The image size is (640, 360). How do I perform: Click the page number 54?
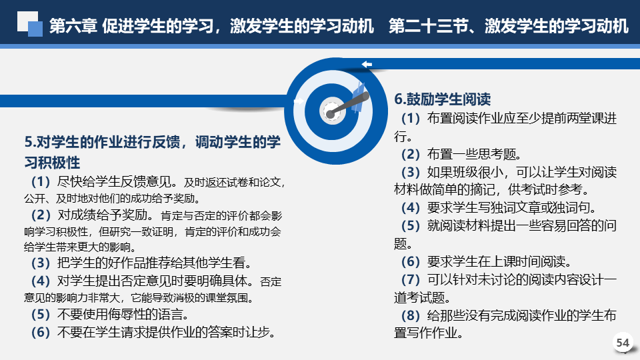click(x=623, y=343)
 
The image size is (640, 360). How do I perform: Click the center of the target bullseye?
click(x=331, y=112)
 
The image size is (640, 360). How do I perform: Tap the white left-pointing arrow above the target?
click(x=367, y=64)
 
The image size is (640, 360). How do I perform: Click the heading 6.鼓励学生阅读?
click(x=442, y=99)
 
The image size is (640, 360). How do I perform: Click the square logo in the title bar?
click(x=30, y=24)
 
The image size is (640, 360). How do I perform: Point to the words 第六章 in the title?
click(x=73, y=26)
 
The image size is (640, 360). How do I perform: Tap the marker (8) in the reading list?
click(x=411, y=315)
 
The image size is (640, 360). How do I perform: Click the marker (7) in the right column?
click(x=411, y=279)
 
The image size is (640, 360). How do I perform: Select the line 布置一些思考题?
click(x=474, y=154)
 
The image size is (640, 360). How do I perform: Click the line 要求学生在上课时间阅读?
click(x=499, y=261)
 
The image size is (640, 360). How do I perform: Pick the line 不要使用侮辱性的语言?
click(x=123, y=315)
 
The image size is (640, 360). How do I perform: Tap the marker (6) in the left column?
click(x=41, y=332)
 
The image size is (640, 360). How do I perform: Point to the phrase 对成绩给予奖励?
click(x=105, y=215)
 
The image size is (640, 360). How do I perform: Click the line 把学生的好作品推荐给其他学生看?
click(x=155, y=263)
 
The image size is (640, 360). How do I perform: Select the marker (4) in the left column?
click(x=41, y=281)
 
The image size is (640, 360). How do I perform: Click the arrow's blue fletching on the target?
click(x=359, y=97)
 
